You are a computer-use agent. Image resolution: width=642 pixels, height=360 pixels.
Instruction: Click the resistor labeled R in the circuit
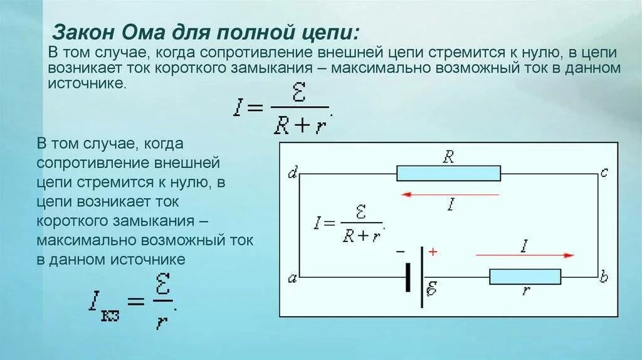pyautogui.click(x=448, y=173)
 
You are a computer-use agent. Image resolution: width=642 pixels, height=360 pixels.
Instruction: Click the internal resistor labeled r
pyautogui.click(x=525, y=276)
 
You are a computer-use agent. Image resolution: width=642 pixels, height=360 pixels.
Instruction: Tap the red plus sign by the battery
pyautogui.click(x=433, y=252)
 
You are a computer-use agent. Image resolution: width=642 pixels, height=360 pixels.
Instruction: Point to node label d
pyautogui.click(x=292, y=173)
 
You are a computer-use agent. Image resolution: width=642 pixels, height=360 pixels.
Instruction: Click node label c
pyautogui.click(x=604, y=173)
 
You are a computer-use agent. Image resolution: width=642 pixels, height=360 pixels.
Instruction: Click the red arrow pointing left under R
pyautogui.click(x=450, y=194)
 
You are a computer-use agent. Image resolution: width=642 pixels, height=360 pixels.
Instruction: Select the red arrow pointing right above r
pyautogui.click(x=525, y=255)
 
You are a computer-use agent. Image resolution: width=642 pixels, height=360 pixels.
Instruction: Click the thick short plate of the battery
pyautogui.click(x=408, y=276)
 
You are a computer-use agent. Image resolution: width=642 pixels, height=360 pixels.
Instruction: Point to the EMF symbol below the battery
pyautogui.click(x=432, y=290)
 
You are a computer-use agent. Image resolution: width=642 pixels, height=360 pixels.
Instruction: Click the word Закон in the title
pyautogui.click(x=81, y=31)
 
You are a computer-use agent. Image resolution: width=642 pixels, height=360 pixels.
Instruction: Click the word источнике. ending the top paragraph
pyautogui.click(x=88, y=82)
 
